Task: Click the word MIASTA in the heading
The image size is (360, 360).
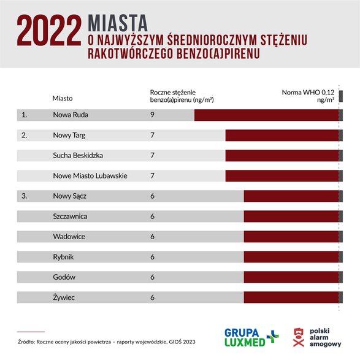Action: pos(118,23)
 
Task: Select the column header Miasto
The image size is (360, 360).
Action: pos(63,98)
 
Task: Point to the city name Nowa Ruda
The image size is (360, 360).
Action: pos(71,115)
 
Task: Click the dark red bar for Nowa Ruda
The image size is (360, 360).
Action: pos(266,115)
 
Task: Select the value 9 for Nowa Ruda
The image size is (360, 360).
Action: pos(151,115)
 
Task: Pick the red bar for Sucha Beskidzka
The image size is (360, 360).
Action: pos(281,155)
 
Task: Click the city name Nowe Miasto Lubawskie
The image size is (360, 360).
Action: pos(90,175)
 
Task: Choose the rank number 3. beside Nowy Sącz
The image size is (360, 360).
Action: pos(25,196)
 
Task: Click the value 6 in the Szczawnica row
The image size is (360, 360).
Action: pos(151,216)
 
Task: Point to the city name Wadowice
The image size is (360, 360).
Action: pos(69,237)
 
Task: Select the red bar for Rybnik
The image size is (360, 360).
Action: pos(291,257)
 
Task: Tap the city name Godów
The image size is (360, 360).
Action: pos(64,277)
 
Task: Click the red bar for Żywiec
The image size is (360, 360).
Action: pos(291,297)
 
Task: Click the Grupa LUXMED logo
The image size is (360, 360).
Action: pos(251,336)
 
